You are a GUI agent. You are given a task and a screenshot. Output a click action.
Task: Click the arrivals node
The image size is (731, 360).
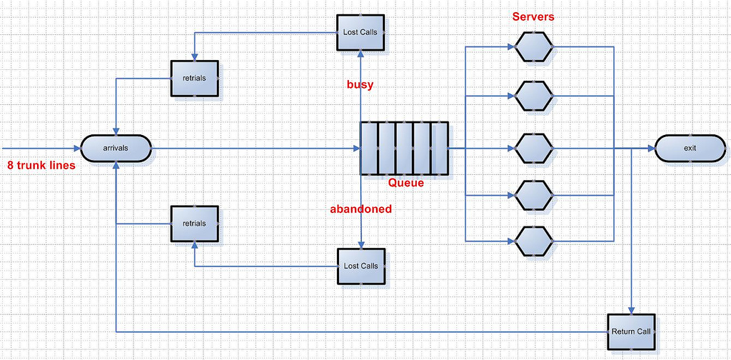coord(116,149)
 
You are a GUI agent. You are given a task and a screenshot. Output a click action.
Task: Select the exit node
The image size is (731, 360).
coord(690,149)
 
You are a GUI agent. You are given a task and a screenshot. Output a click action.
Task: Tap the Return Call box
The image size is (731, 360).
coord(631,332)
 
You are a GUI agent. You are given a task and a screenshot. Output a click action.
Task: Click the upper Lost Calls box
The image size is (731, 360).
coord(361,32)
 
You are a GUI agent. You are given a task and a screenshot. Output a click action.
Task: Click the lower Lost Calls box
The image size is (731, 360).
coord(361,266)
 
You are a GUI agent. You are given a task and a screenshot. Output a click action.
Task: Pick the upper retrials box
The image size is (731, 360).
coord(194,78)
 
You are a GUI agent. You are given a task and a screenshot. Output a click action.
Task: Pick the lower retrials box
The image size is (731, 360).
coord(194,224)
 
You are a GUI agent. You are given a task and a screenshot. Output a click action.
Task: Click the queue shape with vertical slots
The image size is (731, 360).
coord(404,149)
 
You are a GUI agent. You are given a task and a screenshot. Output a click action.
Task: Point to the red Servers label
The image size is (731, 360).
coord(533,16)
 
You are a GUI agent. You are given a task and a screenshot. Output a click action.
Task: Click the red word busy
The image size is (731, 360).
coord(360,84)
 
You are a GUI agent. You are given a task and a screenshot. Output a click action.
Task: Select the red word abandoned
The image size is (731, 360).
coord(361,209)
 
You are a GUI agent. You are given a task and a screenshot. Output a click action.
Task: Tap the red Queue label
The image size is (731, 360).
coord(405,183)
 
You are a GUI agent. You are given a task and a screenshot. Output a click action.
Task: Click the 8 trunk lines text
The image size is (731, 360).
coord(41,165)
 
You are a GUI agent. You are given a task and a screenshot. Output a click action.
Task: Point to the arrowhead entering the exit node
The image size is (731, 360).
coord(651,149)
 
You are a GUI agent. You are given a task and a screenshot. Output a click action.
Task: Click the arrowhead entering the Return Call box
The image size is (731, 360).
coord(632,309)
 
